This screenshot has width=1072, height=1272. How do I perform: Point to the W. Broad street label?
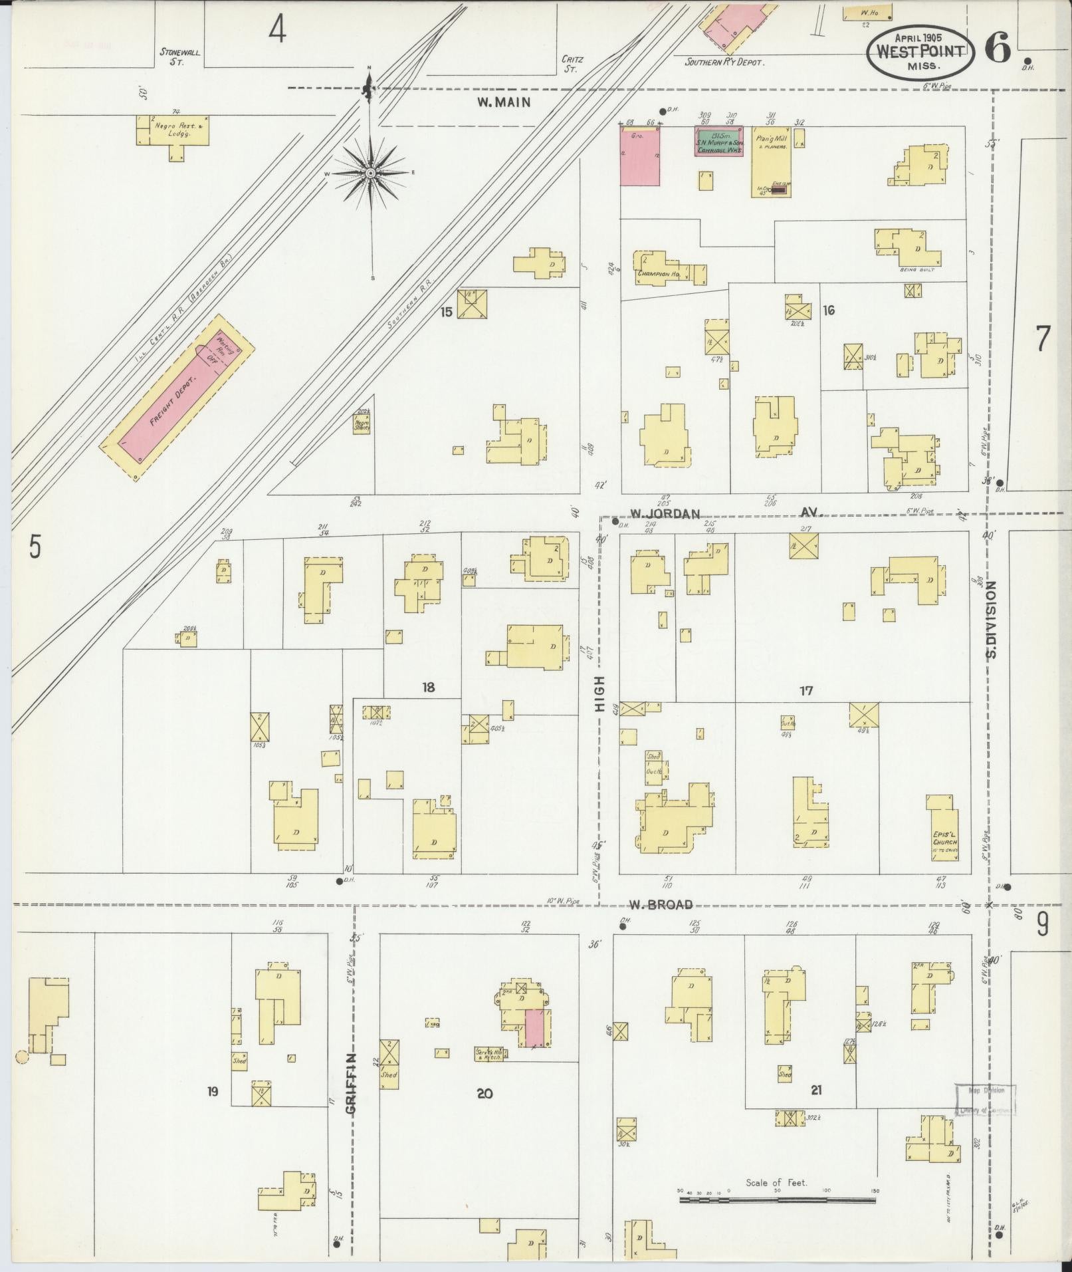[x=661, y=904]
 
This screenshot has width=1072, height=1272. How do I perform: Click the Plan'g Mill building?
[x=771, y=160]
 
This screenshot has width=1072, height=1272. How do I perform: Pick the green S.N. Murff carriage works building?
[x=719, y=140]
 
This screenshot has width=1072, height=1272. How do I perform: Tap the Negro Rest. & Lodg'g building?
[x=173, y=130]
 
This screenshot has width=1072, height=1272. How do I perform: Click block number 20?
[x=484, y=1092]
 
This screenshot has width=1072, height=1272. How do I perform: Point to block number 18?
[x=428, y=688]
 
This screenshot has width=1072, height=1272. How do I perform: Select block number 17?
[x=806, y=691]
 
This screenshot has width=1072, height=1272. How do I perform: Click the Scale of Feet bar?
[x=776, y=1201]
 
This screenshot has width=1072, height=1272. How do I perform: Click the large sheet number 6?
[x=998, y=47]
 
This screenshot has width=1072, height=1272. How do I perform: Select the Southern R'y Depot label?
[x=725, y=62]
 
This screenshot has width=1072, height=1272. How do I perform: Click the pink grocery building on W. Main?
[x=640, y=158]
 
